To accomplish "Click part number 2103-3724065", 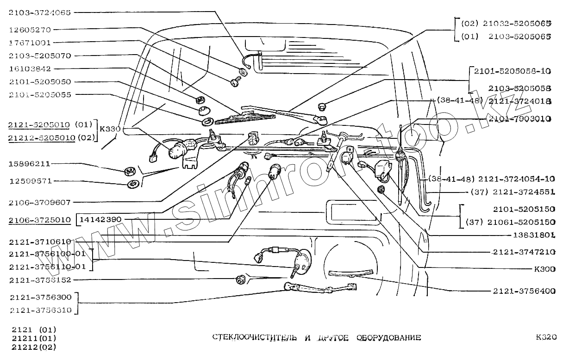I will click(39, 13).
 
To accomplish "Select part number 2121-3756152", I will click(39, 280).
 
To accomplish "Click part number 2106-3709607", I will click(39, 202).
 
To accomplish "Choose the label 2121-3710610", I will click(39, 242).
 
